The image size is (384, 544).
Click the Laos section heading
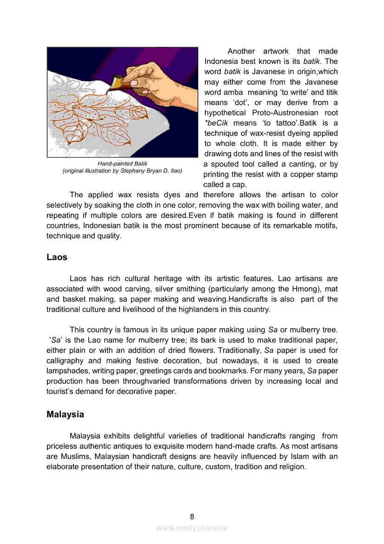coord(57,257)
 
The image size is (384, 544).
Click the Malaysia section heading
coord(65,414)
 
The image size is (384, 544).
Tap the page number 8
coord(192,516)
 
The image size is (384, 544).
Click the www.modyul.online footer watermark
coord(192,528)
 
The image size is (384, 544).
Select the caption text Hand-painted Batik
coord(122,164)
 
